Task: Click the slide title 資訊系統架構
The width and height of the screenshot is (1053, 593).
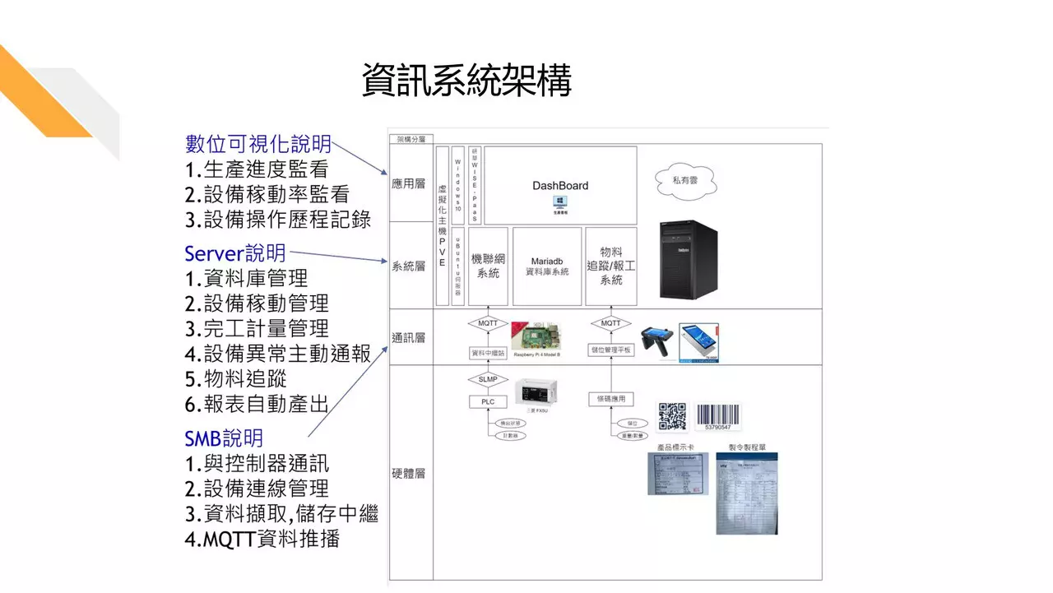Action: [466, 81]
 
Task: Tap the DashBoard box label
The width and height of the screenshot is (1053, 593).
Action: [560, 186]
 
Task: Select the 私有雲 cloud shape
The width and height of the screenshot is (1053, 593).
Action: [685, 179]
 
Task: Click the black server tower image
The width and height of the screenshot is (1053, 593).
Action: [687, 258]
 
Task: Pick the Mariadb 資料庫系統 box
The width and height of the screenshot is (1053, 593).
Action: [547, 265]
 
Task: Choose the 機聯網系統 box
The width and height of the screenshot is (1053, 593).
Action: [488, 266]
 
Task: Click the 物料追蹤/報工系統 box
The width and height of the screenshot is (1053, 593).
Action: [611, 266]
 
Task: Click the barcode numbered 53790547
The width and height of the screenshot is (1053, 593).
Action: [717, 416]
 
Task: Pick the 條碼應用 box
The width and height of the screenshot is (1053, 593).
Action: [611, 399]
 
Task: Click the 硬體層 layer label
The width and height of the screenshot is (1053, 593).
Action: [409, 474]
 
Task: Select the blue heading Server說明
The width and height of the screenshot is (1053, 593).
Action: [235, 252]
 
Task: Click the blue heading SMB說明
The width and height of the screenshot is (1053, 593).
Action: [224, 438]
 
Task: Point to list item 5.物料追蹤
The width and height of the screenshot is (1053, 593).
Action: [235, 378]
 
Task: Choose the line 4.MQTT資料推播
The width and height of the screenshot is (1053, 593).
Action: [262, 540]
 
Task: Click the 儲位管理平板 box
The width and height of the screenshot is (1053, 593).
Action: [611, 350]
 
